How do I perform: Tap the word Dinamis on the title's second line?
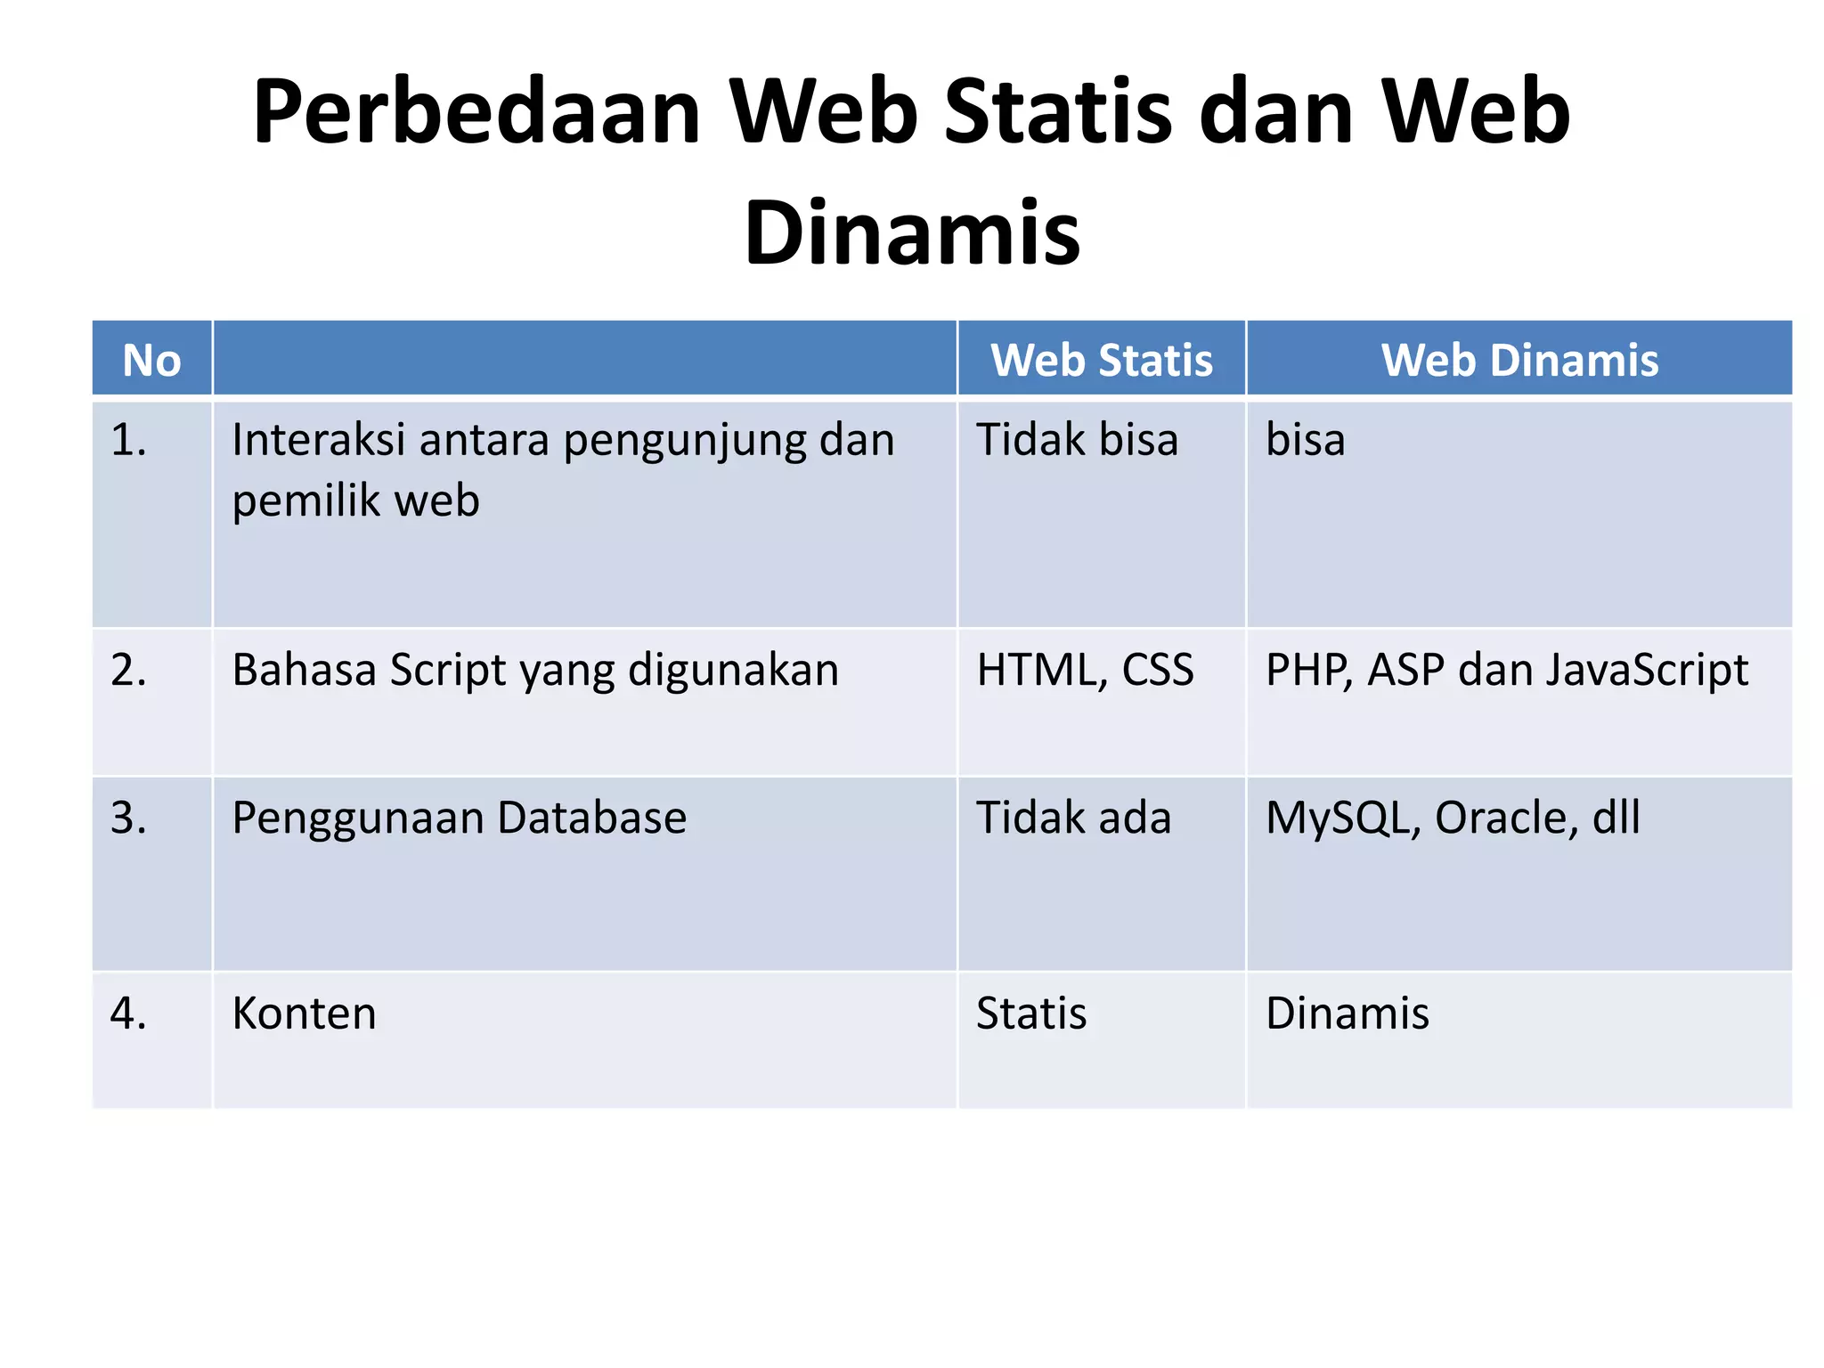coord(912,233)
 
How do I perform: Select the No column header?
coord(151,361)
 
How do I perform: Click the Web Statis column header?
coord(1102,361)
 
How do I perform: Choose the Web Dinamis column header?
coord(1519,361)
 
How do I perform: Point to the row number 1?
coord(128,440)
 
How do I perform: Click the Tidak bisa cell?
coord(1077,440)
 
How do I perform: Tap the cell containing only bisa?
coord(1305,440)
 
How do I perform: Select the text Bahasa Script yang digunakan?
coord(535,671)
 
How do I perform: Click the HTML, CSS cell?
coord(1085,671)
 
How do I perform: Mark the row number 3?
coord(128,818)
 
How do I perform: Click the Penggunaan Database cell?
coord(459,818)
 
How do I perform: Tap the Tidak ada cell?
coord(1073,818)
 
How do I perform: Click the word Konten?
coord(304,1014)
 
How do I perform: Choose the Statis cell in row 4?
coord(1031,1014)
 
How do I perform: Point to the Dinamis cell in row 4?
coord(1347,1014)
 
